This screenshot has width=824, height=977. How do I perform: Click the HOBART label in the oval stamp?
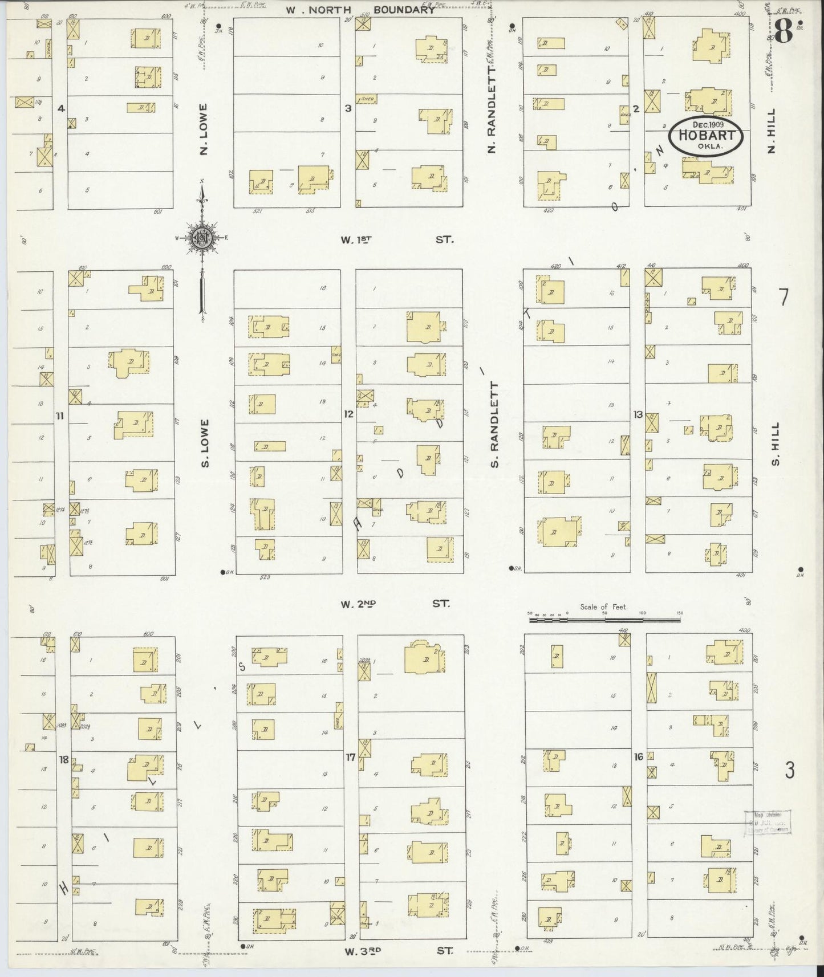(x=706, y=136)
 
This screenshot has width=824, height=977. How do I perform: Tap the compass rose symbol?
(x=202, y=238)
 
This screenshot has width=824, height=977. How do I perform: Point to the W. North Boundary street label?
(x=360, y=10)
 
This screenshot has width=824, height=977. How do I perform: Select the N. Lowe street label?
(x=204, y=129)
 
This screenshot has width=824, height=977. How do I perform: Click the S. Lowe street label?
(x=205, y=443)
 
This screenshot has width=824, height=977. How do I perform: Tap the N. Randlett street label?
(x=492, y=109)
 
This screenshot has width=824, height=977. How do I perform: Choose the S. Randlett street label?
(x=494, y=425)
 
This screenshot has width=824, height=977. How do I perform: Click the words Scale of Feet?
(x=603, y=606)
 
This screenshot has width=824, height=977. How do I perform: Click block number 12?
(x=348, y=414)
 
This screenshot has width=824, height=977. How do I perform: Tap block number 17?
(x=351, y=758)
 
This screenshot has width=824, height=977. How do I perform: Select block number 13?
(x=638, y=414)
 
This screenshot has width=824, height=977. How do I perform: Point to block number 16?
(x=638, y=756)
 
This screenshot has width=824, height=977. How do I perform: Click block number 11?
(x=60, y=416)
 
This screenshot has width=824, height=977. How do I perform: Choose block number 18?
(x=63, y=759)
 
